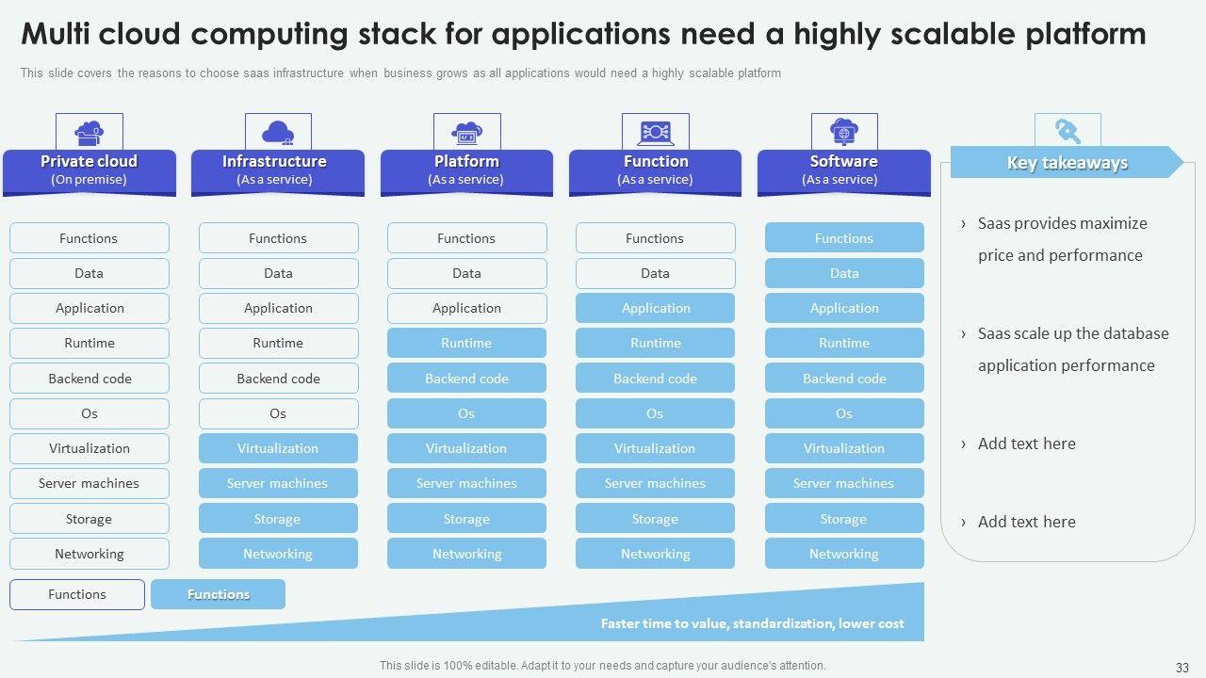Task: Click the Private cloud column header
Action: pos(90,169)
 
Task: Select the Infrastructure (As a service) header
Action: pos(278,169)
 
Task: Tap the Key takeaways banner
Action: pos(1067,162)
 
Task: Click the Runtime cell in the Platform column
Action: pos(466,343)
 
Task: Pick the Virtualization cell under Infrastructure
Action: pos(278,448)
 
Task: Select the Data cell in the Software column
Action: pos(844,273)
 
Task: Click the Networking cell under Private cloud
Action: pos(90,554)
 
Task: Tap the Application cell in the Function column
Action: pos(655,308)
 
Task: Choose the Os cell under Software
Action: pos(844,413)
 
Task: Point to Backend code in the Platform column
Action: pos(466,379)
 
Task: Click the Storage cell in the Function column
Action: pos(655,519)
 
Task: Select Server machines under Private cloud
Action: pos(90,483)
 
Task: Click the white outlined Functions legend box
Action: pos(77,594)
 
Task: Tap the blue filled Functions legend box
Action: pos(218,594)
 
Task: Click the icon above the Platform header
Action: pos(466,132)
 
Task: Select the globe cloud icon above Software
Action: pos(844,132)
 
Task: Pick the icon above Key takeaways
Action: pos(1067,130)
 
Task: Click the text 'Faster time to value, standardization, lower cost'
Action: pos(752,623)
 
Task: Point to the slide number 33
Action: pos(1182,666)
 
